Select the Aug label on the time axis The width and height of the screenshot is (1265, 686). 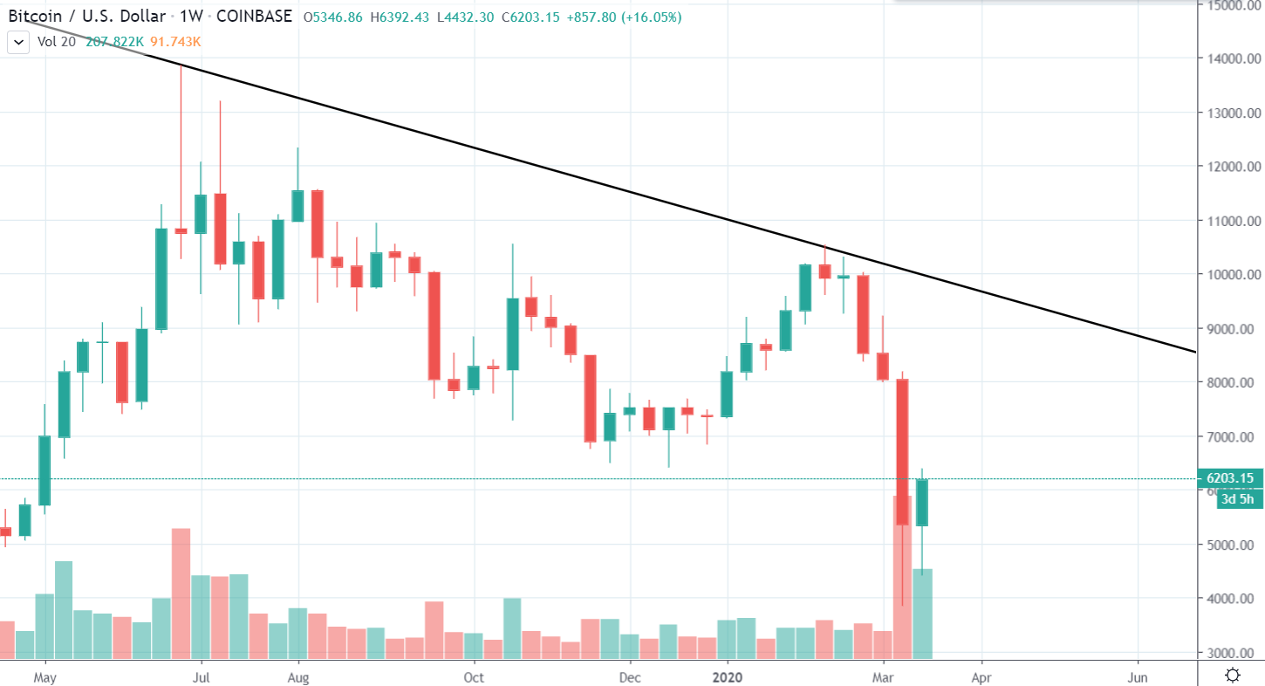298,676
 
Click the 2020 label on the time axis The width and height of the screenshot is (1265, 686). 728,676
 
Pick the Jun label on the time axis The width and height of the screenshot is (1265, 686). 1138,676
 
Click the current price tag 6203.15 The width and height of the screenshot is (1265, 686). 1231,478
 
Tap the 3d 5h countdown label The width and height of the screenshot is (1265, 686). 1238,499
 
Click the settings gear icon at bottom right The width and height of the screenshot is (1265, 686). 1233,675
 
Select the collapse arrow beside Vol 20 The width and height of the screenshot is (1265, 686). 17,42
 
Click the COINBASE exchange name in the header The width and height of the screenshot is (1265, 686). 254,17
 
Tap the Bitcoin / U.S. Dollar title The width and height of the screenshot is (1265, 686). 87,17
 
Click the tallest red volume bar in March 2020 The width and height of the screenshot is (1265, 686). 902,576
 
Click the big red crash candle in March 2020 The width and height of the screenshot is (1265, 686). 902,451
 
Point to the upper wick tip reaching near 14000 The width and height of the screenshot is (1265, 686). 181,66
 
